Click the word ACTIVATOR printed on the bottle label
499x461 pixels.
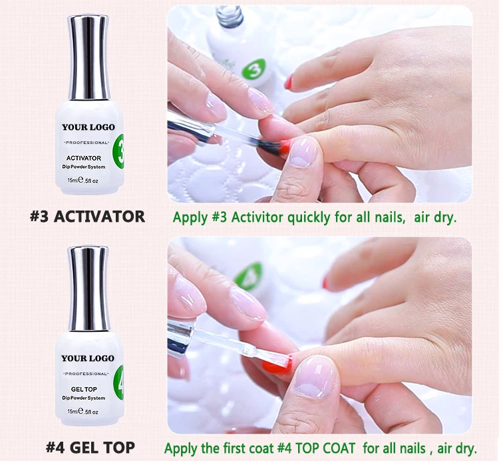tap(84, 158)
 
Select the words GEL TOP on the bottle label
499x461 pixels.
tap(84, 389)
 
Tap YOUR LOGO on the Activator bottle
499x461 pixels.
tap(88, 127)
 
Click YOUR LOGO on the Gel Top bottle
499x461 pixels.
tap(88, 358)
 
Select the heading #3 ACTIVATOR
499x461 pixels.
tap(88, 217)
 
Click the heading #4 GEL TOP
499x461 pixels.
tap(90, 447)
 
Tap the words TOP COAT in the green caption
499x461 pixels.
tap(325, 448)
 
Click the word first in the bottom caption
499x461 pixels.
tap(235, 448)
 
